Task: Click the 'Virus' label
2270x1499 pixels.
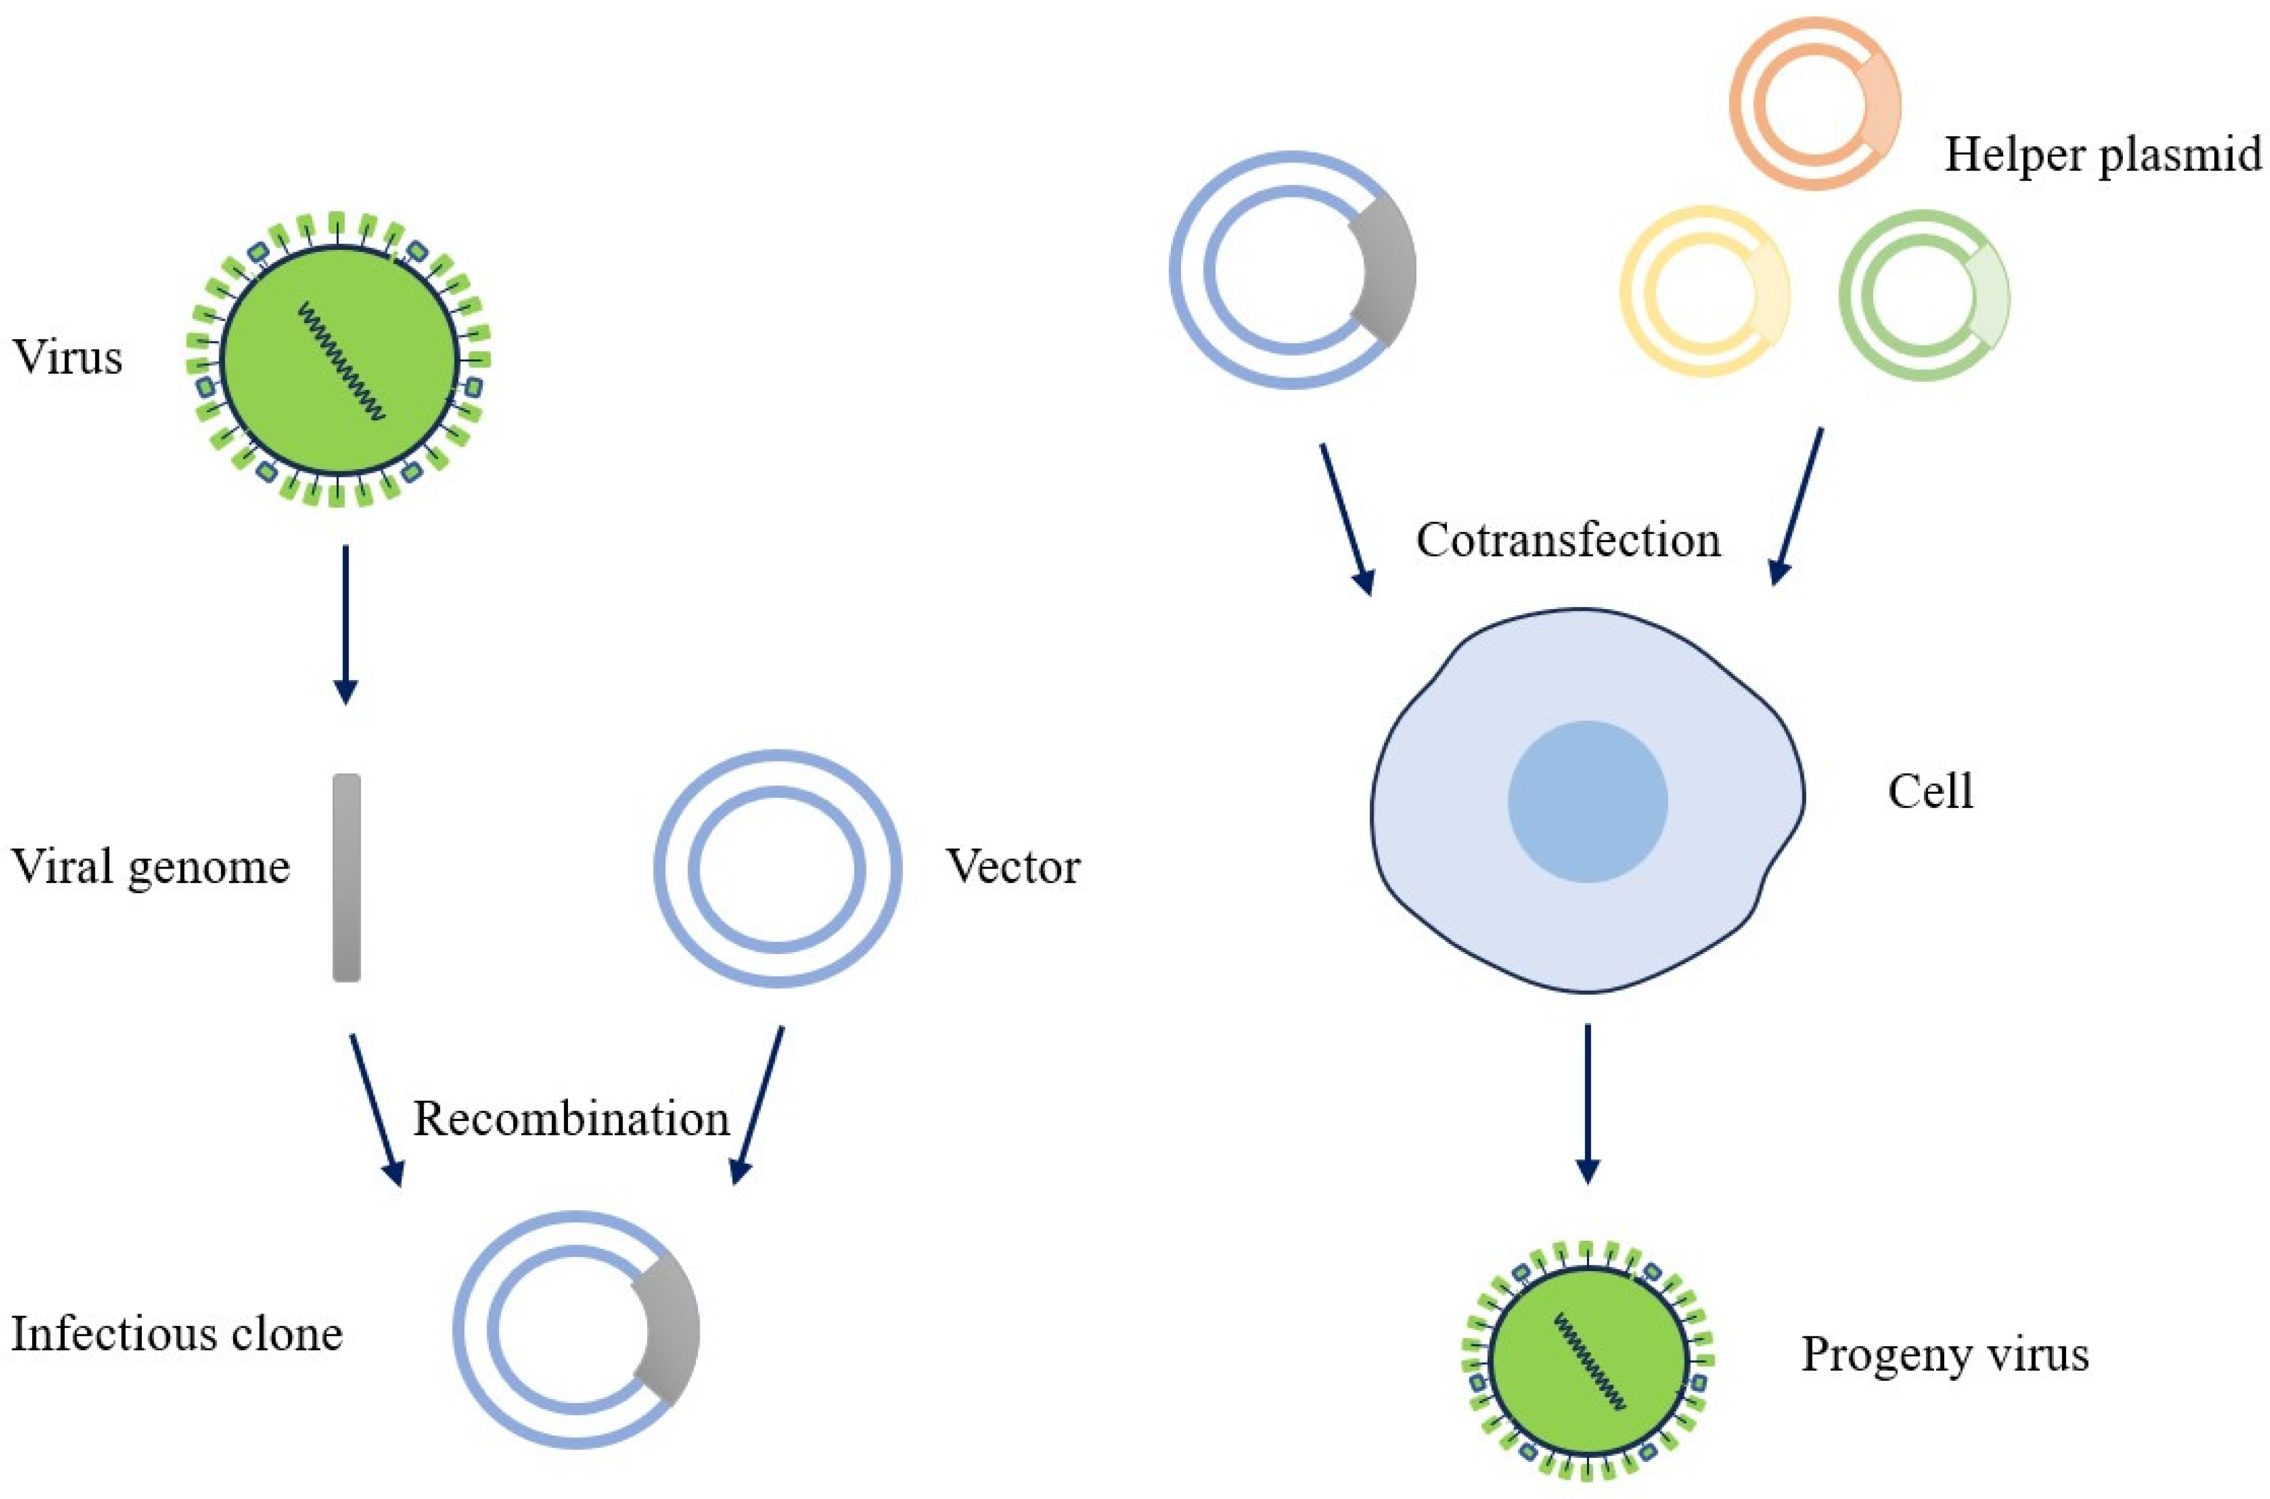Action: coord(67,358)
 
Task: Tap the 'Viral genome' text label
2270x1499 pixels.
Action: coord(150,867)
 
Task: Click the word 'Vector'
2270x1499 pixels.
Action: coord(1013,867)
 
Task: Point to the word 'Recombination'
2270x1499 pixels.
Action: coord(571,1118)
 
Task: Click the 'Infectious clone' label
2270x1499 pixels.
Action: coord(176,1334)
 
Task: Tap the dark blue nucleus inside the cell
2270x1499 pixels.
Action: coord(1588,801)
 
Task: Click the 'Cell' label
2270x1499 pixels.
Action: coord(1930,791)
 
